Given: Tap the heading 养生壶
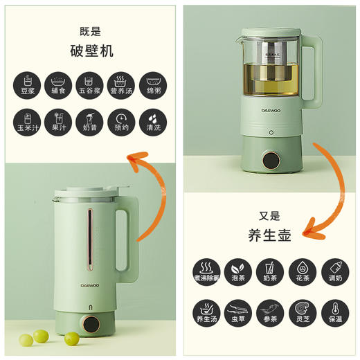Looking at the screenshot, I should point(270,235).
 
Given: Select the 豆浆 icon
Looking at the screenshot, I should point(26,85).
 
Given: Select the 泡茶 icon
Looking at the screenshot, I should point(237,271).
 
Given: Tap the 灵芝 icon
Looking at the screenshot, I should point(301,311).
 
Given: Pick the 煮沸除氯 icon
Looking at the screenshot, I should point(206,271).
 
